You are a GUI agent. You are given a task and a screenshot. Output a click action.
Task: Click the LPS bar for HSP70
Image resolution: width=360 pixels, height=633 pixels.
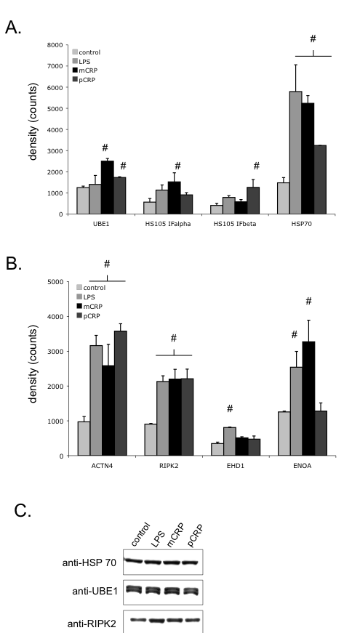295,153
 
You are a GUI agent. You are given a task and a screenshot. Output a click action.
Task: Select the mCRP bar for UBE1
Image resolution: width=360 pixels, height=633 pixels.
108,188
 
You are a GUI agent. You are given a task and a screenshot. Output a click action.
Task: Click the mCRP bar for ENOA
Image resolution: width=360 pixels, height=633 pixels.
308,398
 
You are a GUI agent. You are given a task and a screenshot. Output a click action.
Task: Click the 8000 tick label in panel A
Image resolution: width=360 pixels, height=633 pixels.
55,45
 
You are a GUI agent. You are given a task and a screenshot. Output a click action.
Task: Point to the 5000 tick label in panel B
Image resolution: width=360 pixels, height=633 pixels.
56,282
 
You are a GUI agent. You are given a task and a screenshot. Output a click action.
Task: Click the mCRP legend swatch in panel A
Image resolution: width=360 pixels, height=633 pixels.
75,70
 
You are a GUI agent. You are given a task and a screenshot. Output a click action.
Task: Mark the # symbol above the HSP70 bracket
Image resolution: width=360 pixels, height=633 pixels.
313,39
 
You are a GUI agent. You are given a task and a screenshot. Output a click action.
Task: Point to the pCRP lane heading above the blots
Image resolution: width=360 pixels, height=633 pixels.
196,536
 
